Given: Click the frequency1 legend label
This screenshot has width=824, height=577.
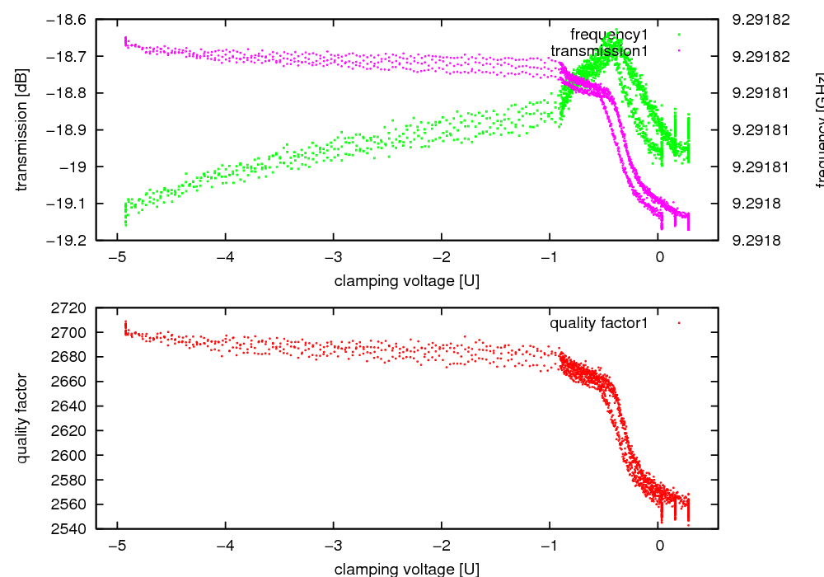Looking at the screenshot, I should coord(614,35).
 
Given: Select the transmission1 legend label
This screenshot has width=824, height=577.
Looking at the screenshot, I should coord(606,51).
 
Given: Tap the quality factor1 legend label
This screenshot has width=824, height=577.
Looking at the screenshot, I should coord(599,323).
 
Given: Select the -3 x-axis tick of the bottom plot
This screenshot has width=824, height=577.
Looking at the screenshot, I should coord(333,545).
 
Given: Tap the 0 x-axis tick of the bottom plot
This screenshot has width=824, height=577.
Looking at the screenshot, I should coord(659,545).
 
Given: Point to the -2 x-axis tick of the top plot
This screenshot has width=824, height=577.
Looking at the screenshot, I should coord(442,256).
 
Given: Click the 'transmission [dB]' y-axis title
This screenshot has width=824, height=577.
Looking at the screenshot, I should coord(22,129).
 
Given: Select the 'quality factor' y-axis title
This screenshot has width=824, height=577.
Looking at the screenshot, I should coord(22,418).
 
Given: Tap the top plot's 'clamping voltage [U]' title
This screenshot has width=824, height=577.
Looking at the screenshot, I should coord(406,280).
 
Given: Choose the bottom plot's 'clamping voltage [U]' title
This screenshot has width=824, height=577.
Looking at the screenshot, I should coord(406,569).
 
